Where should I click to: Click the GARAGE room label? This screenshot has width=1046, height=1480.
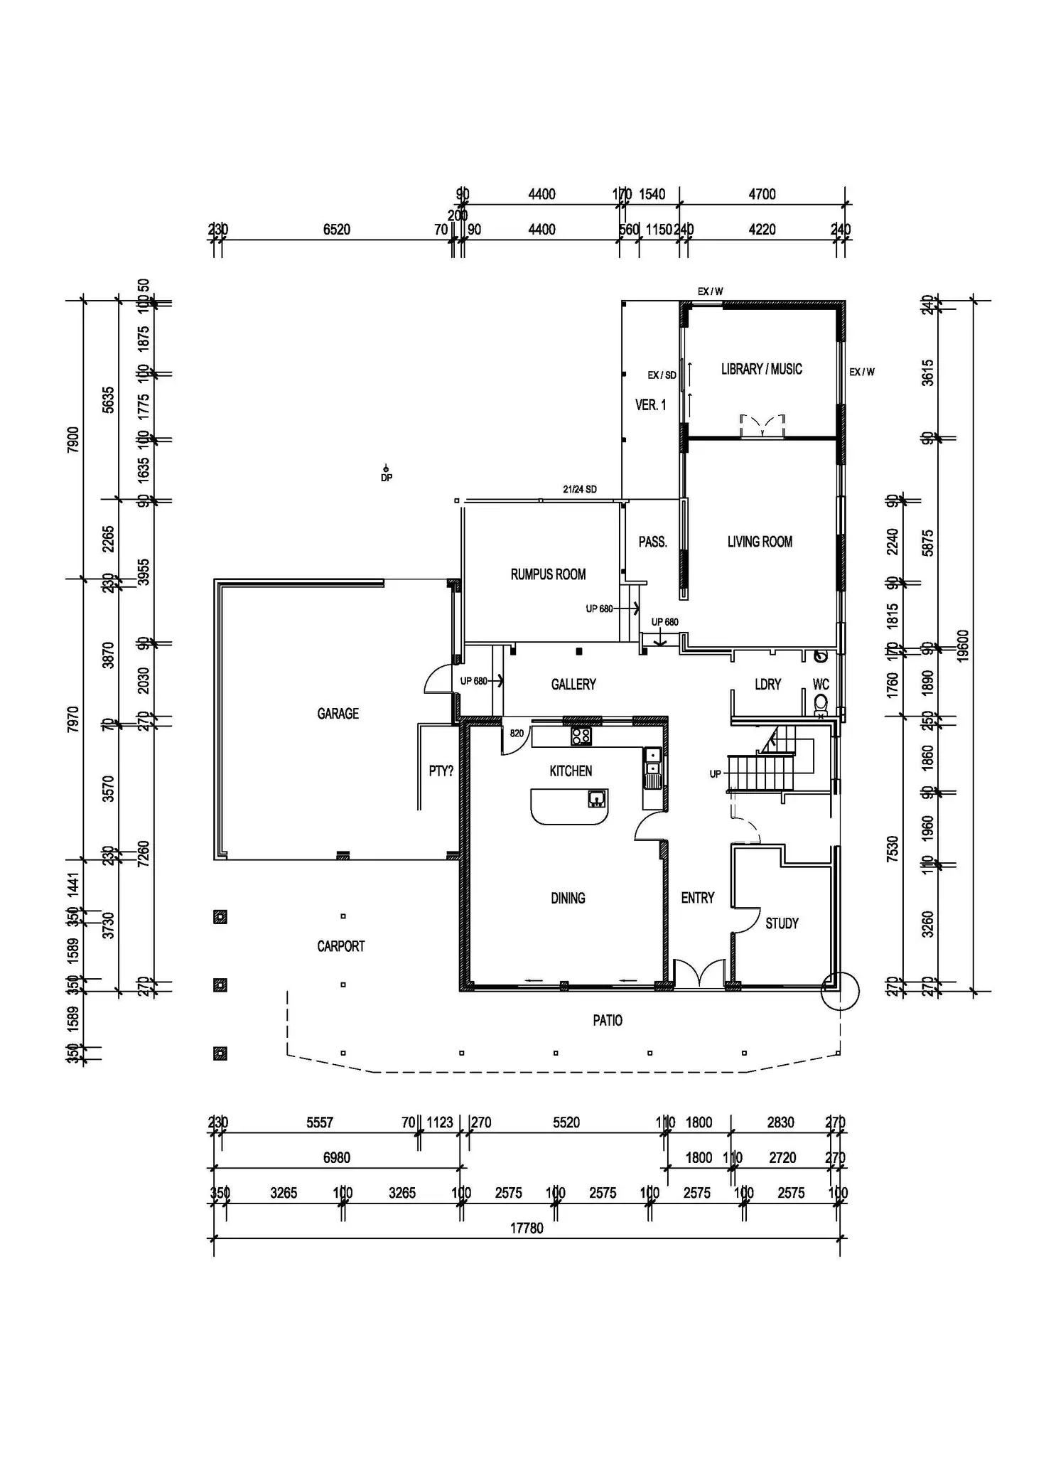(x=338, y=714)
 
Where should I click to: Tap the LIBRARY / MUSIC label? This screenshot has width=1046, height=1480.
(x=761, y=369)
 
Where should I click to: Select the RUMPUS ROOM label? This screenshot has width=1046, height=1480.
(x=548, y=574)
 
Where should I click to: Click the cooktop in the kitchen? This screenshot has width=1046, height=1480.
(x=581, y=736)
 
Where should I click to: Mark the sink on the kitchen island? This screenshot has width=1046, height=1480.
(x=597, y=799)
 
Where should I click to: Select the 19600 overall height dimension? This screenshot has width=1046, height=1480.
(x=964, y=645)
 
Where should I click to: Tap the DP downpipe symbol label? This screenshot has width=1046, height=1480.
(x=387, y=478)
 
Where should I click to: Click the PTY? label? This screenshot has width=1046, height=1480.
(x=441, y=771)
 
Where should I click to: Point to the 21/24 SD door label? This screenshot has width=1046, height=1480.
(x=579, y=489)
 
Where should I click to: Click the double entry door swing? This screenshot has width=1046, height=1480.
(x=699, y=975)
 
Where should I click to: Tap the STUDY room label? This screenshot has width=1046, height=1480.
(x=782, y=923)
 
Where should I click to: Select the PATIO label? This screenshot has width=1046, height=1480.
(x=608, y=1021)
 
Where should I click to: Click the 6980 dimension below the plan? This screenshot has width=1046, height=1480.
(x=337, y=1158)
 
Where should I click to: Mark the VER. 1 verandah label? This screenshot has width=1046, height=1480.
(x=650, y=405)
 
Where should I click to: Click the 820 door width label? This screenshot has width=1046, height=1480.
(x=517, y=734)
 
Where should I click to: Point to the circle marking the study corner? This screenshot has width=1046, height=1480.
(x=840, y=990)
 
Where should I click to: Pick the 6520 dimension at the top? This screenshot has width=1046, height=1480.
(x=337, y=230)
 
